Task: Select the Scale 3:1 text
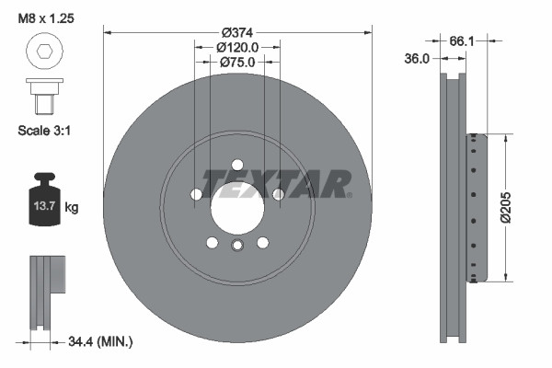[x=45, y=131]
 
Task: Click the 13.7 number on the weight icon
[x=44, y=207]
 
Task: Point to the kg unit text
[x=72, y=208]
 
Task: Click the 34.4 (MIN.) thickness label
[x=100, y=342]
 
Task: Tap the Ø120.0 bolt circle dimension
[x=237, y=46]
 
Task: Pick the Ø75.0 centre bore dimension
[x=237, y=62]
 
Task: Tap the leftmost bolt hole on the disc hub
[x=196, y=194]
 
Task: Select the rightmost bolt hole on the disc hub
[x=279, y=194]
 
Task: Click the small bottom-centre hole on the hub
[x=237, y=245]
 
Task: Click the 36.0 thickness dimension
[x=419, y=59]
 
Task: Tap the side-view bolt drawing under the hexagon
[x=42, y=94]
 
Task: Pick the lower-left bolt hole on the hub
[x=213, y=242]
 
